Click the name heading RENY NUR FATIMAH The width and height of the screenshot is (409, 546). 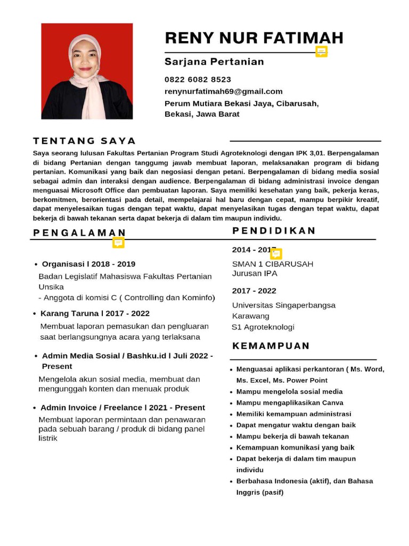coord(254,38)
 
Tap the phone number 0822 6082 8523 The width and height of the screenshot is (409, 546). coord(198,79)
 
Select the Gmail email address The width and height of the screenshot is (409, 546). coord(223,91)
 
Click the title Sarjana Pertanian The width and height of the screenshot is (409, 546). coord(214,62)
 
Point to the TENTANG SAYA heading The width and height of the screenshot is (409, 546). coord(84,141)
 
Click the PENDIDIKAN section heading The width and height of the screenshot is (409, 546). coord(274,230)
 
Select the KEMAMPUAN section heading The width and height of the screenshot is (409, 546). coord(271,346)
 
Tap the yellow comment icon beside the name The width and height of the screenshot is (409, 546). coord(321,51)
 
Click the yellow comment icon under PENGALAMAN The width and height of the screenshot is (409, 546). coord(118,243)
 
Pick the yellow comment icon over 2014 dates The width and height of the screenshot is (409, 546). coord(276,254)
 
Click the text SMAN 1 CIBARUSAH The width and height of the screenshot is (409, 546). coord(273,264)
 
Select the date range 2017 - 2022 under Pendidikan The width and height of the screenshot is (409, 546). coord(254,291)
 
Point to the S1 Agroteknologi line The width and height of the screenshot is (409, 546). coord(263,327)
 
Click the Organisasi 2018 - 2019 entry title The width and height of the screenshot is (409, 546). coord(88,264)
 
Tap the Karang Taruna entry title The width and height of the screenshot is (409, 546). coord(95,313)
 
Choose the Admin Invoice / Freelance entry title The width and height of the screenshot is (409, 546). coord(122,407)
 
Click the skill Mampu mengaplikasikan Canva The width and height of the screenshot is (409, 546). coord(290,403)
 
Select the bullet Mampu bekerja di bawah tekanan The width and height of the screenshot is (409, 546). coord(292,436)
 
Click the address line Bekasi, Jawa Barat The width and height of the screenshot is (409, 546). coord(202,114)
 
